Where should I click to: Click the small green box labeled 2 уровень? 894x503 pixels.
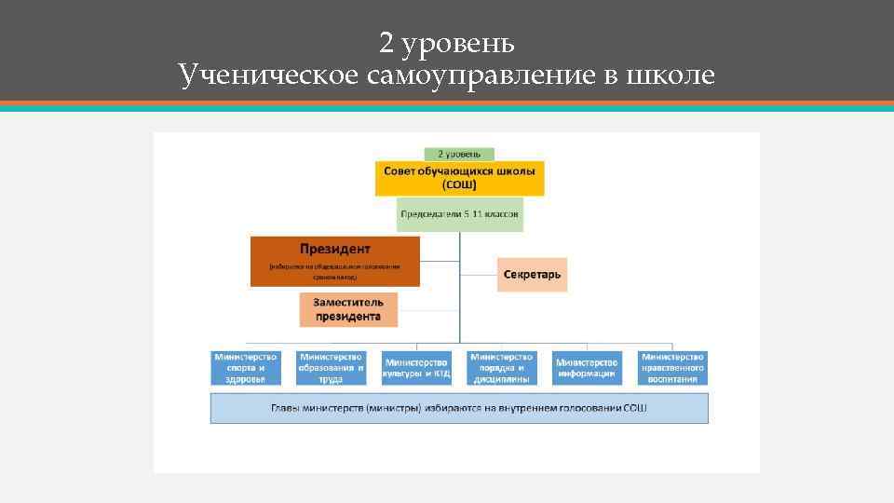[x=459, y=154]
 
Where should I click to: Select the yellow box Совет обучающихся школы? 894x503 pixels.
[x=459, y=178]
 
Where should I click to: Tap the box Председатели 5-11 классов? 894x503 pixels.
[x=459, y=214]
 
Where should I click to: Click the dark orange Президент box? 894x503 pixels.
[x=335, y=261]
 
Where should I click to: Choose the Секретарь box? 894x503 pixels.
[x=532, y=275]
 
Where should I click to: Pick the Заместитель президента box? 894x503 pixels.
[x=347, y=309]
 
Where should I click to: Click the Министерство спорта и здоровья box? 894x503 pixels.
[x=246, y=368]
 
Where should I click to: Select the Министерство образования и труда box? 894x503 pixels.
[x=331, y=368]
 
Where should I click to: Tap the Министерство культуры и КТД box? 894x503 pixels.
[x=416, y=368]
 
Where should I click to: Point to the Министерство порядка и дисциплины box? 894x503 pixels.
[x=502, y=368]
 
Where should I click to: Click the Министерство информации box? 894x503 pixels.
[x=587, y=368]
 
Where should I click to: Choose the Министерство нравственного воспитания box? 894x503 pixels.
[x=672, y=368]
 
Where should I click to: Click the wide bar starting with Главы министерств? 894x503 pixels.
[x=459, y=408]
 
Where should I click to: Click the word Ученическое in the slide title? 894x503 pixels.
[x=268, y=75]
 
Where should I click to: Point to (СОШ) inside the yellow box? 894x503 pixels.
[x=459, y=185]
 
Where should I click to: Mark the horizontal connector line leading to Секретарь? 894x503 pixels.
[x=478, y=275]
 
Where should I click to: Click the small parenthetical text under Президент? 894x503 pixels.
[x=335, y=272]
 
